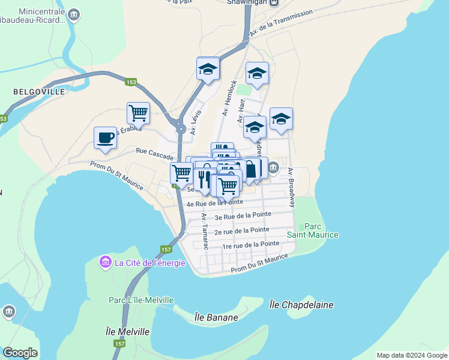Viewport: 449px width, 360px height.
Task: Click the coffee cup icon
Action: coord(105,137)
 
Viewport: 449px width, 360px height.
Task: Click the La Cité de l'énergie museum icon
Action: coord(106,263)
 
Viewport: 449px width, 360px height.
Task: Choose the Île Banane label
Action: coord(217,317)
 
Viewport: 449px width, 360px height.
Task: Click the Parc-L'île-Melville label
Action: coord(141,300)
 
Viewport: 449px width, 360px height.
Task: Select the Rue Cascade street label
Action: coord(154,154)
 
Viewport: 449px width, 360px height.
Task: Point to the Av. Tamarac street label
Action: coord(205,232)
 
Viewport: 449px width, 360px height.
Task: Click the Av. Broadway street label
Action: coord(291,187)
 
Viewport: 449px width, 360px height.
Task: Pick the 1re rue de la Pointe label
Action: coord(250,245)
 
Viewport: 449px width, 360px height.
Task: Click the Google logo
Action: coord(20,353)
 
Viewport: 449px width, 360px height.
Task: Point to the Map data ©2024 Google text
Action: coord(411,355)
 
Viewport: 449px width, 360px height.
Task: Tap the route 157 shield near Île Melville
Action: coord(119,344)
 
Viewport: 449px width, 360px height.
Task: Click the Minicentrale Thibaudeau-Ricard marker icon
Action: coord(74,15)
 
